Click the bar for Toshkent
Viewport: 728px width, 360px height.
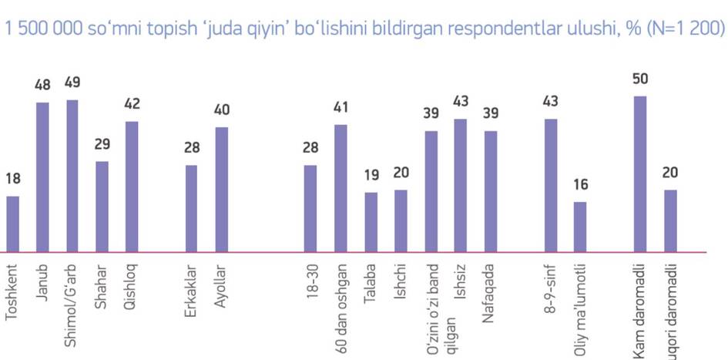click(12, 224)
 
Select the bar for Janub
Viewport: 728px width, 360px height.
click(42, 177)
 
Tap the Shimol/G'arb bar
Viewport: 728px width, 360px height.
click(72, 176)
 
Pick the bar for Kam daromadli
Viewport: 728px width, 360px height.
click(639, 173)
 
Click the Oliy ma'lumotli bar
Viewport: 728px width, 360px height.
click(580, 227)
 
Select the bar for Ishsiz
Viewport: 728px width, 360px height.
click(461, 185)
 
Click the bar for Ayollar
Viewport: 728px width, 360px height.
click(222, 189)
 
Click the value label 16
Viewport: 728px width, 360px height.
click(580, 186)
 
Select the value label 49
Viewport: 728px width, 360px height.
click(72, 82)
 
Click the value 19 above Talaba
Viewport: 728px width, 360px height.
click(371, 176)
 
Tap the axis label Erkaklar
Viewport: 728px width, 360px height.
click(191, 287)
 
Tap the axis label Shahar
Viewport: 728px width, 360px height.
click(102, 286)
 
